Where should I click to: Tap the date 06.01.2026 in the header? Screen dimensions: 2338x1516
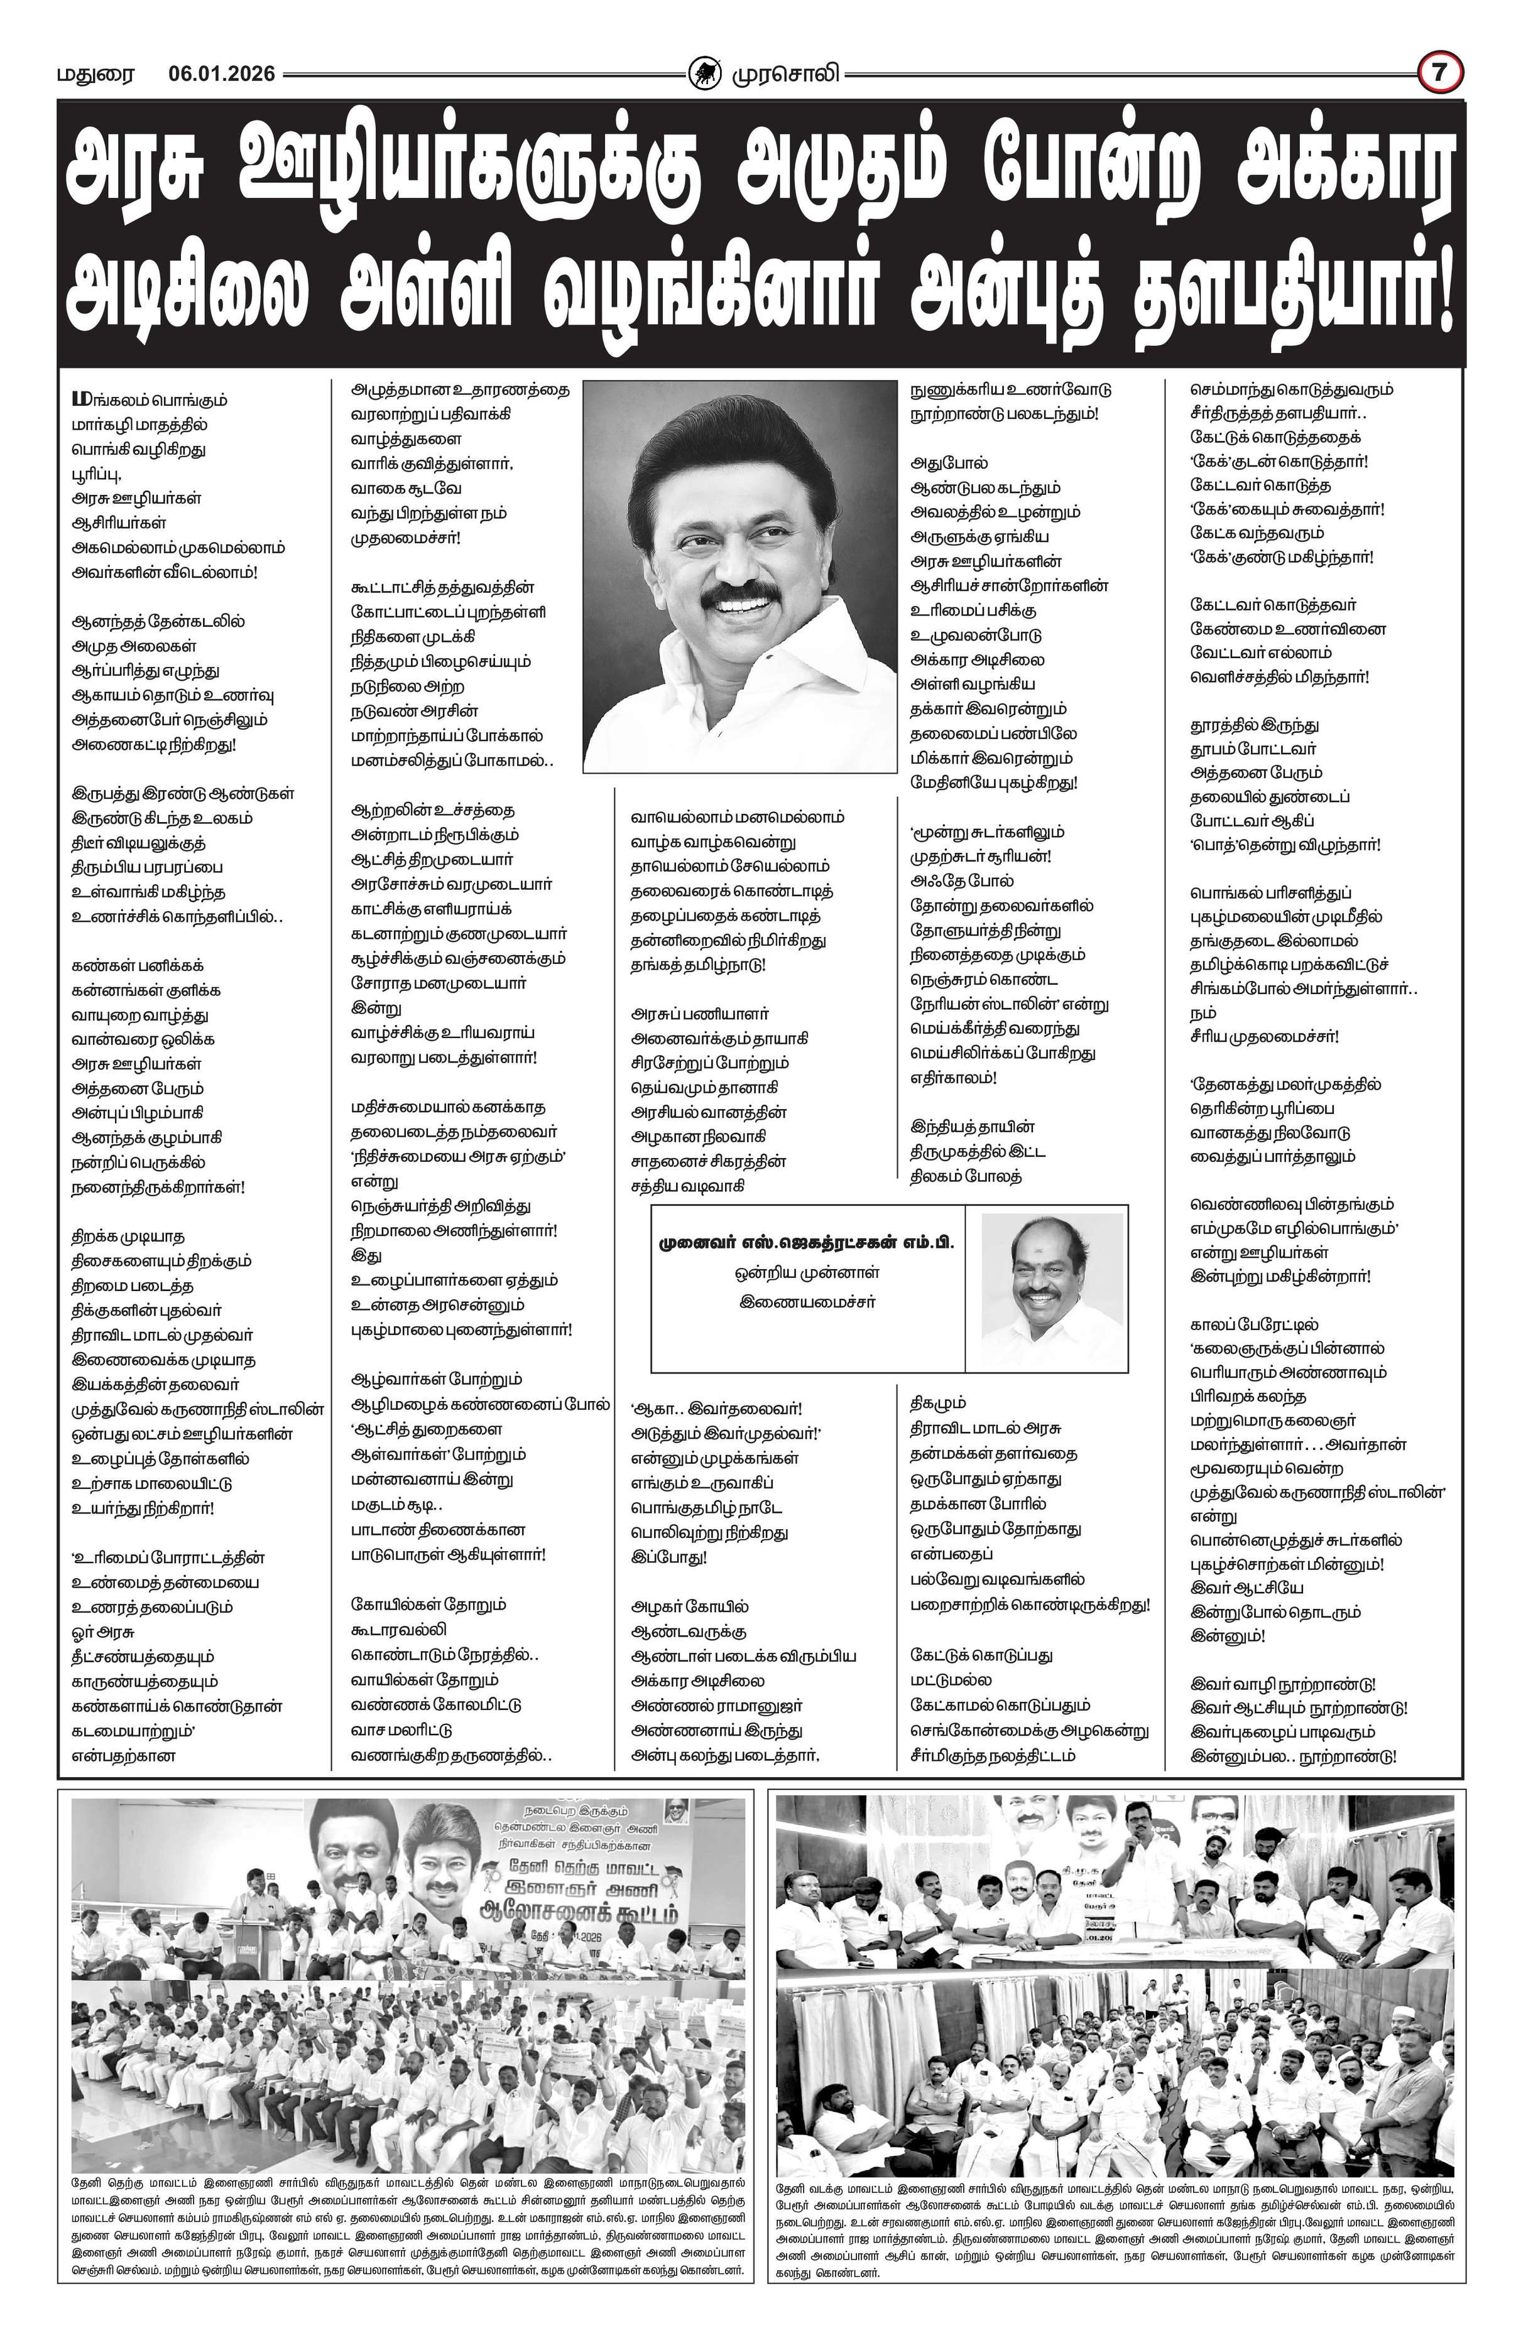click(x=221, y=73)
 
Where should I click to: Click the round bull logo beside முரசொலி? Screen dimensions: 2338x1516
click(x=704, y=73)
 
